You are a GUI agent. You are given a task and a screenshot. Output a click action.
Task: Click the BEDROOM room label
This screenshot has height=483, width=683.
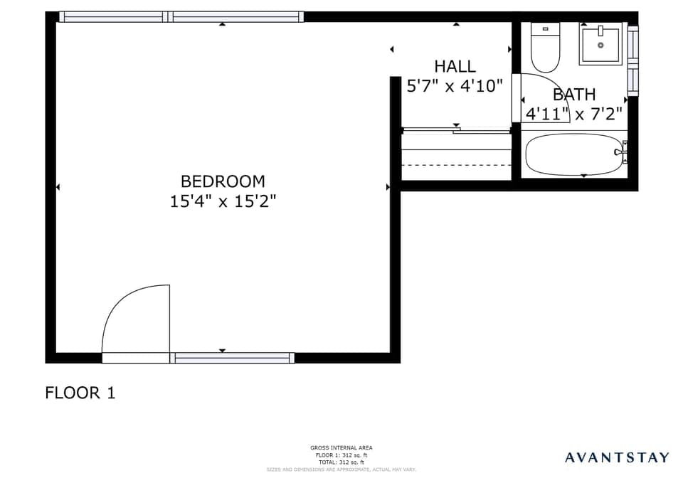(222, 181)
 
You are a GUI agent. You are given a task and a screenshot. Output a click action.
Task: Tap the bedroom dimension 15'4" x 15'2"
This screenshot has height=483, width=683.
(222, 201)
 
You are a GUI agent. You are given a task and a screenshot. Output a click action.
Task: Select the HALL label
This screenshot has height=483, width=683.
(455, 66)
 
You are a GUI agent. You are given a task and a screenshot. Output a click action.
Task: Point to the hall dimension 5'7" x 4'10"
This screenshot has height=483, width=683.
(455, 86)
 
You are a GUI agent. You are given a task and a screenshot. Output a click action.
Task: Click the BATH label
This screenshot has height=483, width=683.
(574, 94)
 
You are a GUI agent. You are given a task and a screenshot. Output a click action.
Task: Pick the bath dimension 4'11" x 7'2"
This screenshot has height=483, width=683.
(574, 113)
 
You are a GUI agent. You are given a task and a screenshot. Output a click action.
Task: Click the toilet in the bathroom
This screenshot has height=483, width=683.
(545, 48)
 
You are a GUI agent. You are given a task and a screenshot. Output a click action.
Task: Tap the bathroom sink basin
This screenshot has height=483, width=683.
(600, 44)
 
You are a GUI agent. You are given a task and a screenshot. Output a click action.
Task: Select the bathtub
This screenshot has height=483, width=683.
(573, 154)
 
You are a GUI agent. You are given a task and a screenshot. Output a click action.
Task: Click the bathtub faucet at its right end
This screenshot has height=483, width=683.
(621, 152)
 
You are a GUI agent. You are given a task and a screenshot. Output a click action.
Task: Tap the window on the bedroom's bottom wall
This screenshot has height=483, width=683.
(233, 358)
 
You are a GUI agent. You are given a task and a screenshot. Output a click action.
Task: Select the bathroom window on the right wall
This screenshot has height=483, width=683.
(632, 60)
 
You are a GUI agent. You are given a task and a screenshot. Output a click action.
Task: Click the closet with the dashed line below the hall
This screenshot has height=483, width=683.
(456, 157)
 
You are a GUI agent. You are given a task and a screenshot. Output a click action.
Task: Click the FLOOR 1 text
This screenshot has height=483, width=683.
(80, 393)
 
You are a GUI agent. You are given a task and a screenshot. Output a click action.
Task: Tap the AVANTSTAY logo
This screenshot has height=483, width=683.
(617, 457)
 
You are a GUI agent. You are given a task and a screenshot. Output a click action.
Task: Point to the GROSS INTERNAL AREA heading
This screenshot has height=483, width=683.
(341, 447)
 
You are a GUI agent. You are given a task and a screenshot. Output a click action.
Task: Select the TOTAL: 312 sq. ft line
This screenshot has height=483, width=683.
(341, 462)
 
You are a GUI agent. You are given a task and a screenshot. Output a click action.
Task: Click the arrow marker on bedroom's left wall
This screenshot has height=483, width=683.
(58, 187)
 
